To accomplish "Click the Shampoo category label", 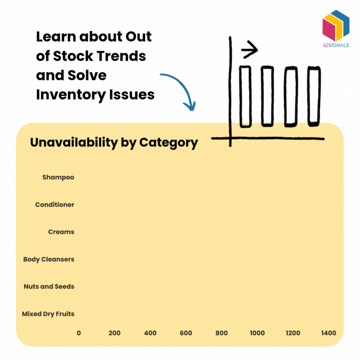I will click(58, 177).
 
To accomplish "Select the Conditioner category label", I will click(54, 205).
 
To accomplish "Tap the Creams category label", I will click(61, 232).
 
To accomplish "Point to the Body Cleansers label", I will click(49, 259).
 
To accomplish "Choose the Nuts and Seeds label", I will click(49, 287).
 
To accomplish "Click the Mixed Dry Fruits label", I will click(48, 314).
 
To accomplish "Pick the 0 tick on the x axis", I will click(79, 333).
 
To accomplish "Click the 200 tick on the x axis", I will click(115, 333).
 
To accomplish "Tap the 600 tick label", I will click(186, 333).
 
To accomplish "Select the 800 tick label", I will click(221, 333).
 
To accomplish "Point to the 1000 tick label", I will click(257, 333).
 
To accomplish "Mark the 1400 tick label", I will click(328, 333).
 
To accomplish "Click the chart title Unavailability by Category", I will click(114, 143).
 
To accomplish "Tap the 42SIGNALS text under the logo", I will click(336, 45).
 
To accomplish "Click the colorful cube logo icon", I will click(336, 25).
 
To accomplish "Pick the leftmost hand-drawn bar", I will click(245, 96).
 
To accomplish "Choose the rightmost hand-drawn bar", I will click(314, 96).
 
